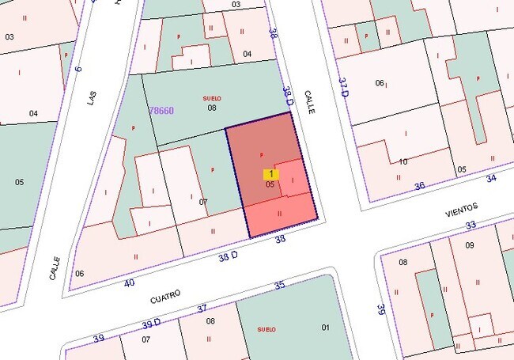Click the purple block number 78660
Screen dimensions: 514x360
(x=161, y=111)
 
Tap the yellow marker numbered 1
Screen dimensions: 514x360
(x=271, y=173)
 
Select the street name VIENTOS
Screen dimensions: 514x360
(x=462, y=209)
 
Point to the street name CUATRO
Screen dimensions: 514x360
(x=165, y=296)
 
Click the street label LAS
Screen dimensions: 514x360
(x=92, y=97)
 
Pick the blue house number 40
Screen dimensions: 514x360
(x=130, y=282)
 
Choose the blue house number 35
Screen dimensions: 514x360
(x=278, y=286)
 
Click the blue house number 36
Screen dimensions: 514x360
(x=419, y=186)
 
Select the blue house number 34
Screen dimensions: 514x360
(x=491, y=178)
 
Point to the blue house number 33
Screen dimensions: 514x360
(x=471, y=225)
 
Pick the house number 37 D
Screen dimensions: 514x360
(x=344, y=87)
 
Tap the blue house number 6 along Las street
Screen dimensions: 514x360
(x=77, y=69)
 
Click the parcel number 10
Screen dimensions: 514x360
(x=403, y=161)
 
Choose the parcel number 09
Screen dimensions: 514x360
(x=469, y=244)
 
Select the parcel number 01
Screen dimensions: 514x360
(x=325, y=327)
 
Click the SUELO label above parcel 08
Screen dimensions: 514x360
(x=212, y=98)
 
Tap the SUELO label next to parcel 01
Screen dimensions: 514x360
(x=266, y=328)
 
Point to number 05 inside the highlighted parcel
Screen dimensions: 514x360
(x=270, y=184)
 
